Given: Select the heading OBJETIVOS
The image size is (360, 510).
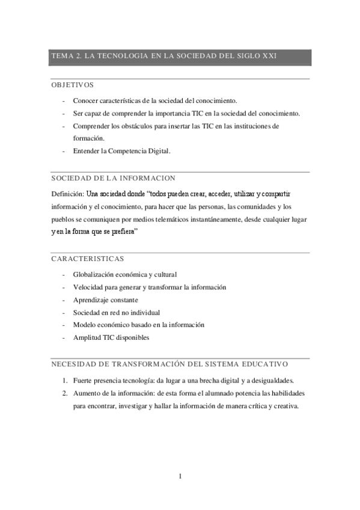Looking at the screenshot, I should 73,85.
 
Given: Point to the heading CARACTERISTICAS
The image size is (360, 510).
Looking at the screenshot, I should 88,259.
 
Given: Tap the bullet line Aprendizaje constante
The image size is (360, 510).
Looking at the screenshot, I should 105,300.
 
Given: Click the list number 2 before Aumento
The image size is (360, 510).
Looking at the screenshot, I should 64,393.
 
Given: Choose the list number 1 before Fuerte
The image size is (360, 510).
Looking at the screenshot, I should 64,380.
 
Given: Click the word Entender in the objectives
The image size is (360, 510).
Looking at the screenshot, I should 87,151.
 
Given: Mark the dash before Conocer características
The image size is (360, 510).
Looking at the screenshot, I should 64,100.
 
